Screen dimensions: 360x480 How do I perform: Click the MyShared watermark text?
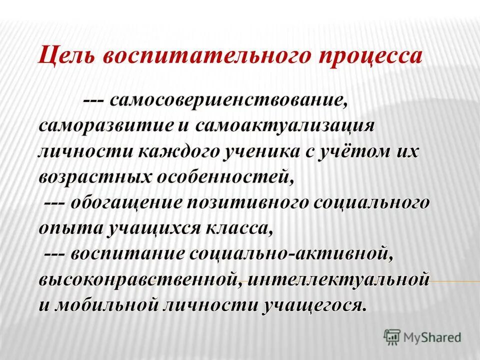tap(432, 337)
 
